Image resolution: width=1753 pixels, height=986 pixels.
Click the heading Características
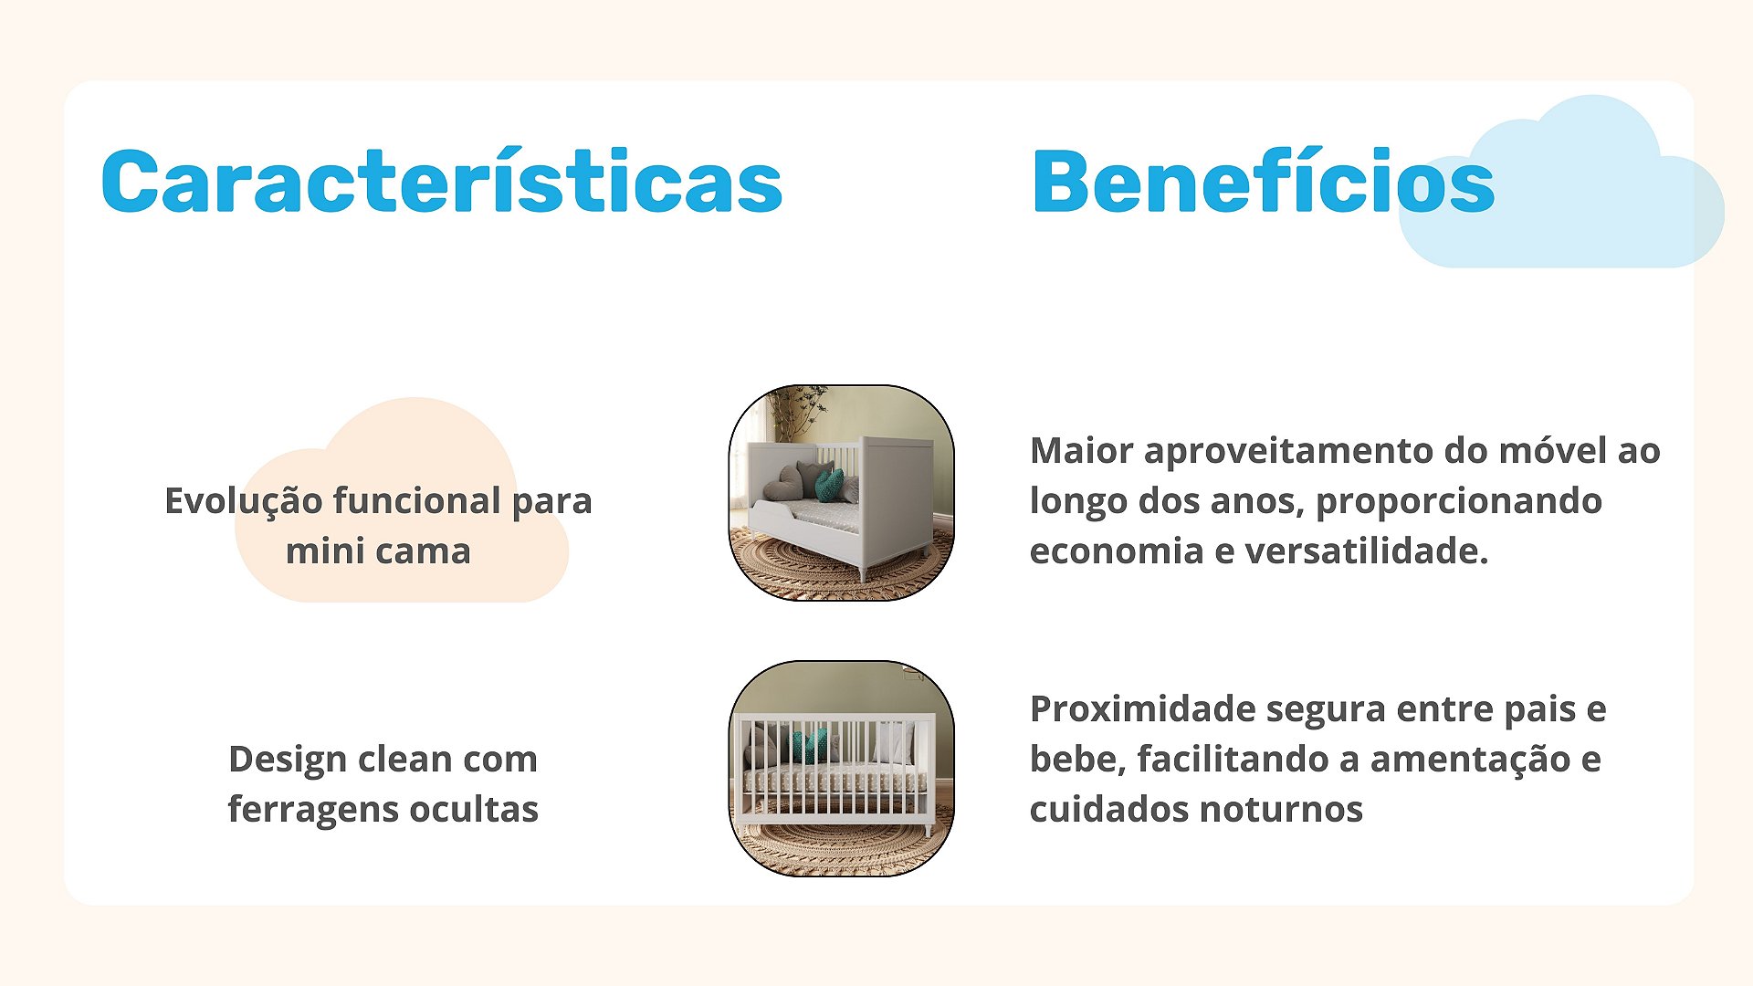coord(442,181)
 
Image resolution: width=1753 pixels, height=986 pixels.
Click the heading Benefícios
coord(1263,181)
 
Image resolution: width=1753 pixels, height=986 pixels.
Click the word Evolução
coord(242,501)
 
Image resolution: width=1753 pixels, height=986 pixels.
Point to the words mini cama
coord(378,551)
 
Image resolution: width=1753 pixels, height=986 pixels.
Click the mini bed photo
coord(842,493)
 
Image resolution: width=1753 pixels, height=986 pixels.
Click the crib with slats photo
coord(842,769)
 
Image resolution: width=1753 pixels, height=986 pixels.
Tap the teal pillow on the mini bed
coord(828,485)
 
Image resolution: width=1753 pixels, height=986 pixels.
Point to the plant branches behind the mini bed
coord(796,411)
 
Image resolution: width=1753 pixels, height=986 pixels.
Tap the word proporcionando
coord(1459,502)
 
